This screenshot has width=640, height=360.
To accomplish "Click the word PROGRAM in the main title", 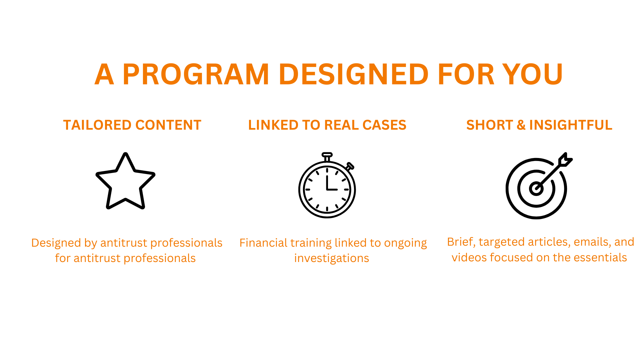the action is [196, 74].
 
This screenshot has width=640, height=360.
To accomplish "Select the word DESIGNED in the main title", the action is [354, 74].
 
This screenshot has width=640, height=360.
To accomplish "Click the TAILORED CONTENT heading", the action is [132, 125].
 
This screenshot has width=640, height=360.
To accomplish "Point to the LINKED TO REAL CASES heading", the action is [327, 125].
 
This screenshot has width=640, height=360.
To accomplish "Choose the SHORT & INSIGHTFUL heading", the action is [539, 125].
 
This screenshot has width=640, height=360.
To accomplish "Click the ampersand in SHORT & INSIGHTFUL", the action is [521, 125].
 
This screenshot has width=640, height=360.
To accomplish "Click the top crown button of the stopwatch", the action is [327, 155].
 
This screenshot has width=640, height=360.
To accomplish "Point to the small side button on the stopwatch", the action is [350, 166].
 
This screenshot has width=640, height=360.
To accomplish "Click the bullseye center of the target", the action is [536, 189].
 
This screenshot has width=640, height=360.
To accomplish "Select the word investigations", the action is [332, 258].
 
